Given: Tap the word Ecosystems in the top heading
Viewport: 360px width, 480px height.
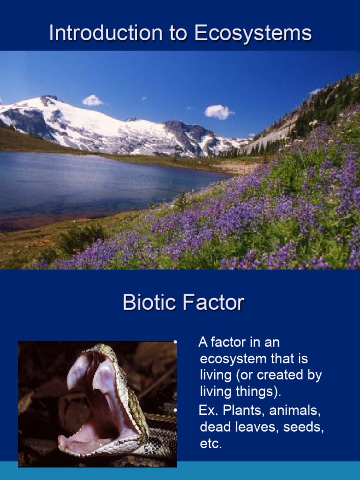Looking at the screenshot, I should pos(253,34).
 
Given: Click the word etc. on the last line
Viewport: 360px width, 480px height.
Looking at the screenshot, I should pos(210,443).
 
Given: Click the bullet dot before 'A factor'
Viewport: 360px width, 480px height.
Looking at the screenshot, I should pos(175,342).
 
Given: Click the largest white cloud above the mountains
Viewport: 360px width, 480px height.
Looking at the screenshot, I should pos(218,112).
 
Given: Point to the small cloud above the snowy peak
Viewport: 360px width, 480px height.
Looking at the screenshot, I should pos(92,100).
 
